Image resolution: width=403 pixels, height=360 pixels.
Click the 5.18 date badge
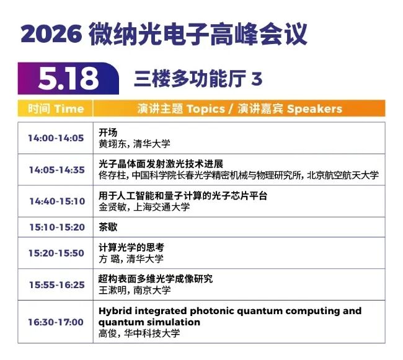(x=68, y=78)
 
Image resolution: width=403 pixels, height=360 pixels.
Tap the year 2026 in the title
(x=51, y=34)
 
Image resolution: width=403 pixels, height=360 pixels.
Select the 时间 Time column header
(x=56, y=108)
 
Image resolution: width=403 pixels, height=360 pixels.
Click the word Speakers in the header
(x=314, y=109)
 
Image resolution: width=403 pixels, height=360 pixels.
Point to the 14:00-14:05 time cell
(x=56, y=138)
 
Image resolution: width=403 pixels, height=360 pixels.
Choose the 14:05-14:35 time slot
(x=56, y=170)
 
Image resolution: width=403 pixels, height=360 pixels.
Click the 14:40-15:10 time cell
(x=57, y=201)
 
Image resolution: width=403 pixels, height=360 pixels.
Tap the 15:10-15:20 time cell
(x=57, y=227)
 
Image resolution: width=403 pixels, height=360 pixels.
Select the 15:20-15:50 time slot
(x=56, y=253)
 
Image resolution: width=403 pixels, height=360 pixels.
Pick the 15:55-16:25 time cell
(x=56, y=284)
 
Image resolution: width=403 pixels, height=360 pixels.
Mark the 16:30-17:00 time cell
(x=56, y=322)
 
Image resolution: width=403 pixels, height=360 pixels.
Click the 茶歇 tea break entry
(x=108, y=227)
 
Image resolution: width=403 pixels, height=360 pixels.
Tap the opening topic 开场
(x=108, y=133)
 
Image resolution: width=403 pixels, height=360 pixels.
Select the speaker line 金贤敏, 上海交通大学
(x=144, y=207)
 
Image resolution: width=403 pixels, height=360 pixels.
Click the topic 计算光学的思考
(x=131, y=247)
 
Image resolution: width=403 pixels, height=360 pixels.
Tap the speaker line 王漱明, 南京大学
(x=135, y=290)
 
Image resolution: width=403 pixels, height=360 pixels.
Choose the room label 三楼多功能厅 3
(x=198, y=78)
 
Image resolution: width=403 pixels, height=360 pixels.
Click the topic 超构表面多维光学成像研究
(x=156, y=279)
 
